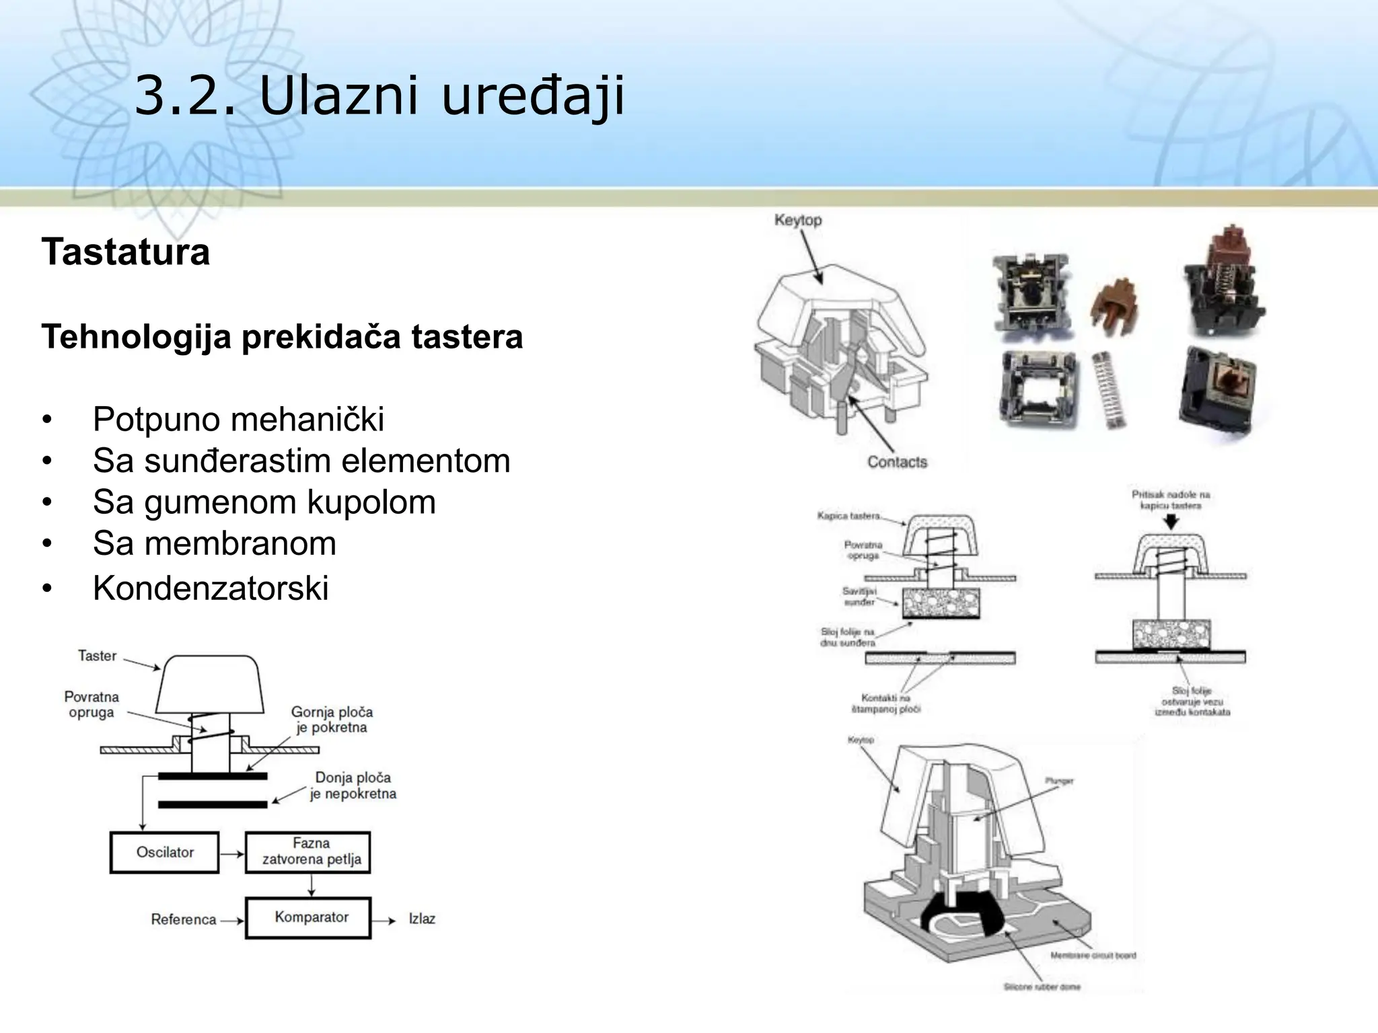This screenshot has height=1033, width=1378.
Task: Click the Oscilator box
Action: point(164,853)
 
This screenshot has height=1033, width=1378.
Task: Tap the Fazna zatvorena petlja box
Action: point(308,852)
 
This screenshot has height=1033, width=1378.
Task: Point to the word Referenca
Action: point(183,919)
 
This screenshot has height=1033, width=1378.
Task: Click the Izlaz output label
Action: point(422,919)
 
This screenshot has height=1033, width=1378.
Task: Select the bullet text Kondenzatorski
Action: point(211,588)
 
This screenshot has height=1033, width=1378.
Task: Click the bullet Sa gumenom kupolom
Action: point(264,502)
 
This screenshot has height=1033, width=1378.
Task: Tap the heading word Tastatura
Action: point(126,252)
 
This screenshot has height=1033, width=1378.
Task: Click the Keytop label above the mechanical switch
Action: point(798,220)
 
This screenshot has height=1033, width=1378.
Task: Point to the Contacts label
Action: point(897,462)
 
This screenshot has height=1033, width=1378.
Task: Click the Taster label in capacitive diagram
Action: point(97,656)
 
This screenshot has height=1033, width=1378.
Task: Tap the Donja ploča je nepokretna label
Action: point(353,786)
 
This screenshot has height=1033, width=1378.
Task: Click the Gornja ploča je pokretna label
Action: point(332,720)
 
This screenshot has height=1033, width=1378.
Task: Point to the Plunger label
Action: point(1059,781)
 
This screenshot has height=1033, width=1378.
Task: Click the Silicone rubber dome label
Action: point(1042,987)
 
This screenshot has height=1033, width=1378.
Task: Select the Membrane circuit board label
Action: point(1093,956)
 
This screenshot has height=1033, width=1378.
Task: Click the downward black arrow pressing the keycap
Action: point(1171,522)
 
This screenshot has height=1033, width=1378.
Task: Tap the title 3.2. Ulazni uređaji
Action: point(380,96)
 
